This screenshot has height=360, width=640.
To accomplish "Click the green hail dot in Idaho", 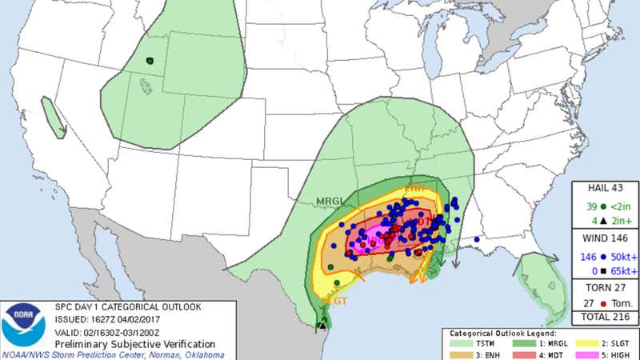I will pos(150,61).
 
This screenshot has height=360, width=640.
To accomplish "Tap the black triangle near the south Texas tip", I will pos(322,325).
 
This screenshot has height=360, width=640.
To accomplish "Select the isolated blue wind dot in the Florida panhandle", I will pos(477,238).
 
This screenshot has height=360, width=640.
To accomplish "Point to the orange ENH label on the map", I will pos(415,187).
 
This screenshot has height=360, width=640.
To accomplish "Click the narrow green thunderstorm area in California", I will pos(54,118).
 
